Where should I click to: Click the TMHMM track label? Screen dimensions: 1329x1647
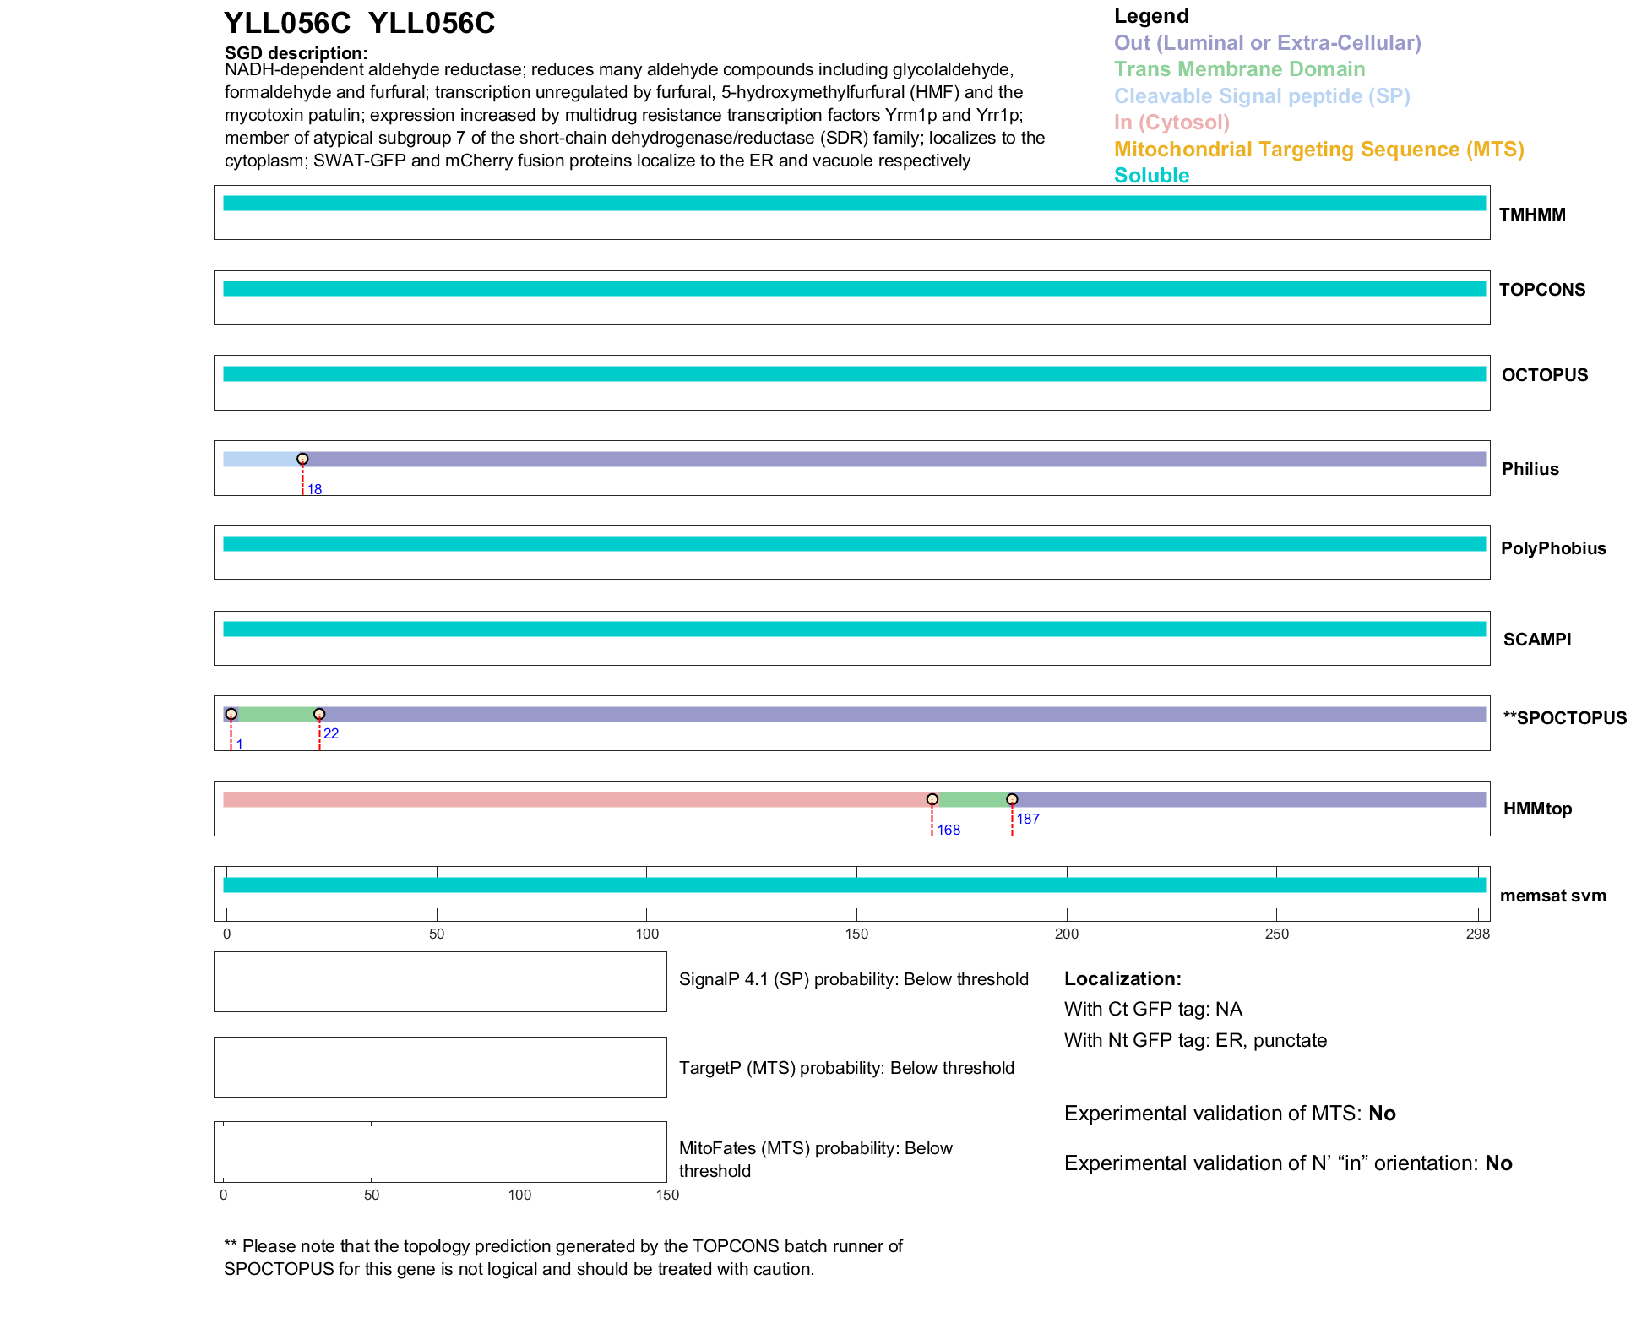pos(1531,215)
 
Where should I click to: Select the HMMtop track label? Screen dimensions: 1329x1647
pos(1537,809)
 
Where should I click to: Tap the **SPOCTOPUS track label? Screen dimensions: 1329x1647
pos(1564,718)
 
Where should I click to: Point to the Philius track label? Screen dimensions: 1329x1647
pos(1530,469)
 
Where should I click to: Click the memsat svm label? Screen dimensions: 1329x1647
pos(1552,896)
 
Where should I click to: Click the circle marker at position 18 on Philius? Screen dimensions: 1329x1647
pos(302,459)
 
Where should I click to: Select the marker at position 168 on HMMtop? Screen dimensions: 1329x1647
pos(932,799)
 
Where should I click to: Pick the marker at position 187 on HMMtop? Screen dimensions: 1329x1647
pos(1012,799)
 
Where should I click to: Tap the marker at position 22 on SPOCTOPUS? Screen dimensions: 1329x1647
pos(319,714)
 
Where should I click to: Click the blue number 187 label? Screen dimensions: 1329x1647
pos(1027,819)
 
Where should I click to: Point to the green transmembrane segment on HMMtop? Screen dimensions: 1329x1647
pos(971,799)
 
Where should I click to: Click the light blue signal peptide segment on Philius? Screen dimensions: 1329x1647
pos(262,459)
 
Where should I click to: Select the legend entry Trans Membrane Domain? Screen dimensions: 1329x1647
pos(1239,69)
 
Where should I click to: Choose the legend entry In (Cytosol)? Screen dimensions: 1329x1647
pos(1171,123)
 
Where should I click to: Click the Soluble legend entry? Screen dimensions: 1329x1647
pos(1151,176)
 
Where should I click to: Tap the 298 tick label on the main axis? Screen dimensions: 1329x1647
pos(1477,934)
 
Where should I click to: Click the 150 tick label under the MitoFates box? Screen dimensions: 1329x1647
pos(667,1195)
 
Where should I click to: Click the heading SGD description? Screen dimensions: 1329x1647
pos(296,53)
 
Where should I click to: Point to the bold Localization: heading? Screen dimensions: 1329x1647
pos(1122,978)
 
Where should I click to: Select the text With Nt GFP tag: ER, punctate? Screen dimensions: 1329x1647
pos(1195,1040)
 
